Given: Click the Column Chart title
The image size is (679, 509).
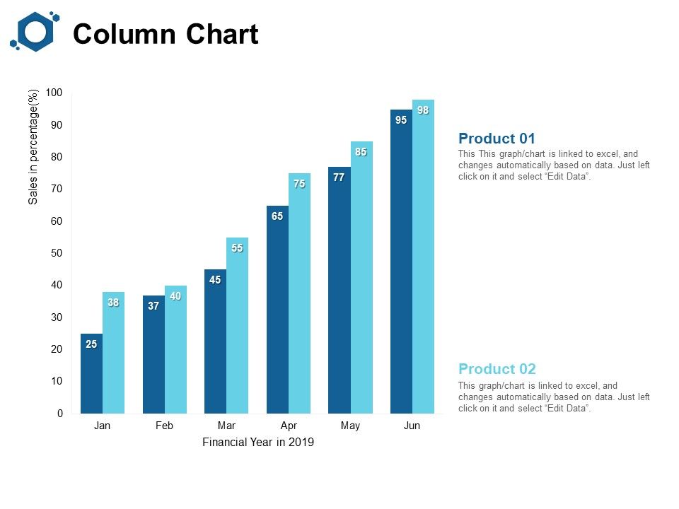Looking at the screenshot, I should point(166,34).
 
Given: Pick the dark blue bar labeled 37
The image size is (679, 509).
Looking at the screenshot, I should point(153,354).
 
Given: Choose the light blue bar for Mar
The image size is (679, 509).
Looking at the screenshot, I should point(237,325).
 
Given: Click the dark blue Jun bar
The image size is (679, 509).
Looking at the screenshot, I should point(401,262).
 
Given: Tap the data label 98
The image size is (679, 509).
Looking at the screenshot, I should point(423,110).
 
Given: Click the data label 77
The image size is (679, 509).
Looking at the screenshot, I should point(339,177).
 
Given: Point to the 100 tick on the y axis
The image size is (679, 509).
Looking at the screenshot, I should point(54,93).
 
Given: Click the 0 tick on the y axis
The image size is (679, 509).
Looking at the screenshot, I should point(59,414).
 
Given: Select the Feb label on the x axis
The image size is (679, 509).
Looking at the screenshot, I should point(164,426).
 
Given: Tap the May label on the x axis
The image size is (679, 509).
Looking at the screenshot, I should point(350,426).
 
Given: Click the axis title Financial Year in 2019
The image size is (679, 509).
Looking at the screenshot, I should point(257,443).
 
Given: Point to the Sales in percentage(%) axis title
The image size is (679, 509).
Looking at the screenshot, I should point(33,147).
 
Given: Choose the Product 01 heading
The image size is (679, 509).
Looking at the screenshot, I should point(497,139).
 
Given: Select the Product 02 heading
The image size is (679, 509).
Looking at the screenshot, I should point(497,369).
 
